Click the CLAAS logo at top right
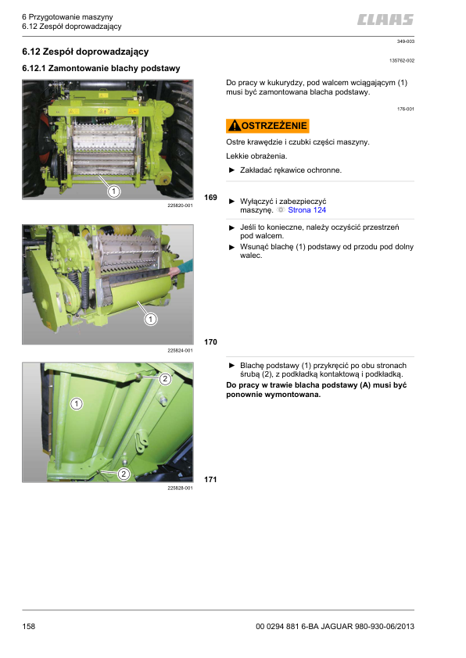(x=385, y=20)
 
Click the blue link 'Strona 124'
(x=307, y=209)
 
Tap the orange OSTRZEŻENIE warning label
(x=267, y=126)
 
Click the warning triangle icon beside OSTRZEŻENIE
(x=235, y=126)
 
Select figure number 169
(x=210, y=197)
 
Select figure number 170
(x=210, y=342)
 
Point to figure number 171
(x=210, y=479)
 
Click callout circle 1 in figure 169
(x=114, y=191)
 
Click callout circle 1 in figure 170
(x=150, y=320)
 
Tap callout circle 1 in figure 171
(x=77, y=404)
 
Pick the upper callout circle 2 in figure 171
(x=165, y=379)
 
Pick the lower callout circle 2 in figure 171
(x=124, y=474)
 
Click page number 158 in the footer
(x=29, y=626)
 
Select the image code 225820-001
(x=180, y=206)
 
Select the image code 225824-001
(x=180, y=350)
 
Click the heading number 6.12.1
(x=34, y=69)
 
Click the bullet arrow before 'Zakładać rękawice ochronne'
(x=231, y=170)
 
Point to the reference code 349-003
(x=406, y=41)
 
